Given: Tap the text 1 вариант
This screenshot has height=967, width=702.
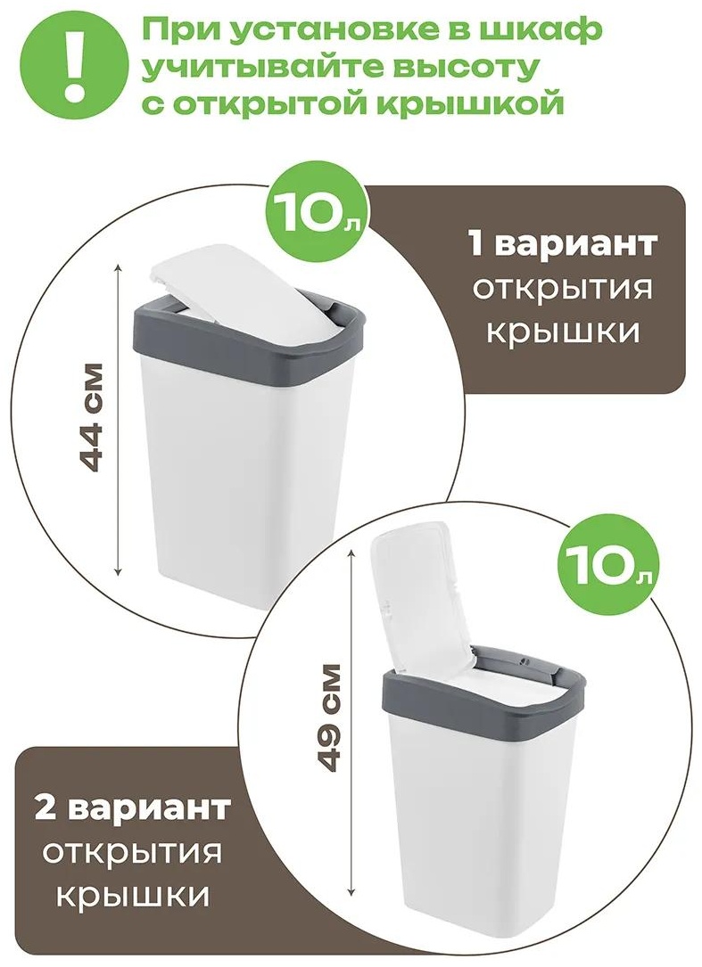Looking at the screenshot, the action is click(561, 245).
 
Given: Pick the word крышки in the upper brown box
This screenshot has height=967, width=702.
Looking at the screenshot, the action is click(562, 332).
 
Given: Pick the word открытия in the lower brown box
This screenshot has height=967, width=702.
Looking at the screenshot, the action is click(132, 853).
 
